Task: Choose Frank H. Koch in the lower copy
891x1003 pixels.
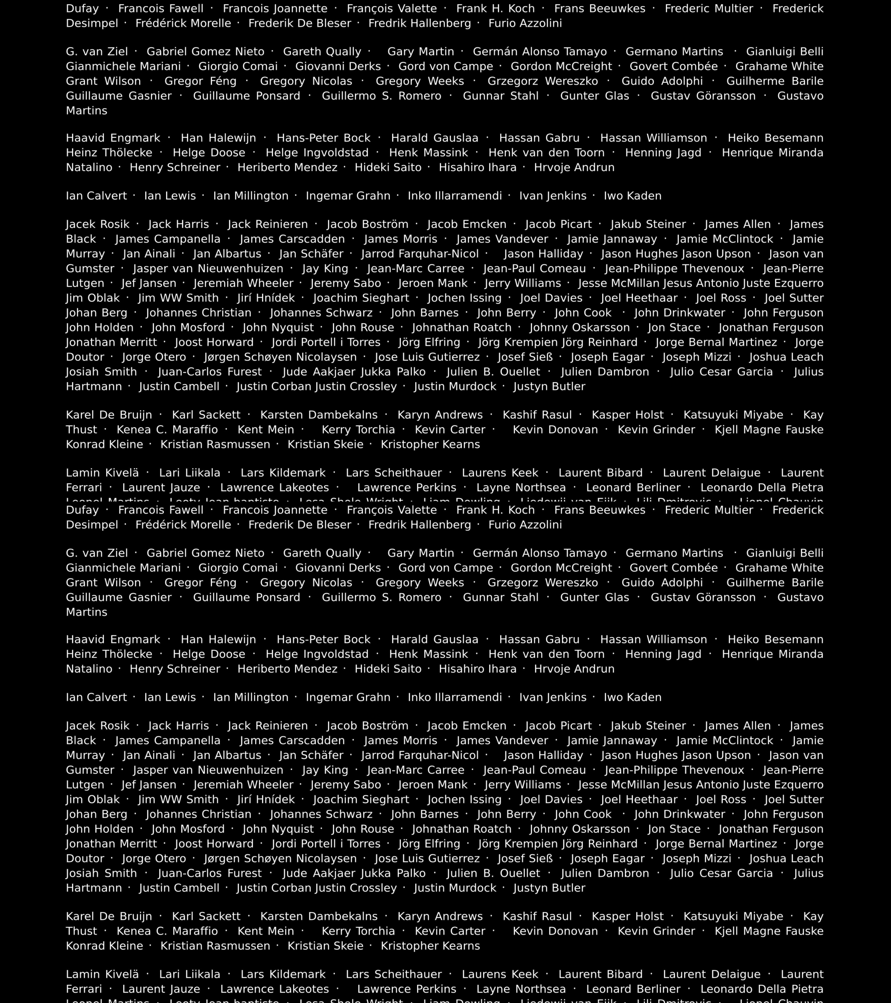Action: point(495,510)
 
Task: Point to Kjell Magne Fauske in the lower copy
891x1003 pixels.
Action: point(769,931)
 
